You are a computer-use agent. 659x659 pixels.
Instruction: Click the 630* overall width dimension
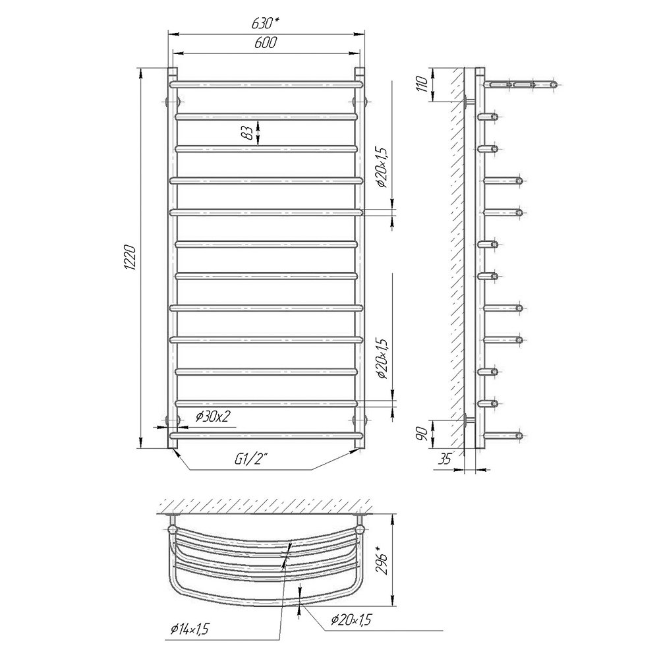point(266,24)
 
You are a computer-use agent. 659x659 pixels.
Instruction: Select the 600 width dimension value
point(266,43)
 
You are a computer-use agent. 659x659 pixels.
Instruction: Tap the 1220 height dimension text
point(130,257)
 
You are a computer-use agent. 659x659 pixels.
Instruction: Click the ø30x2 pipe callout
point(213,416)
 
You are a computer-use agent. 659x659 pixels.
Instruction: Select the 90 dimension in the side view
point(423,432)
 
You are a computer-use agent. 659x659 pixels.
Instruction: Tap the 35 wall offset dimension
point(444,459)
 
